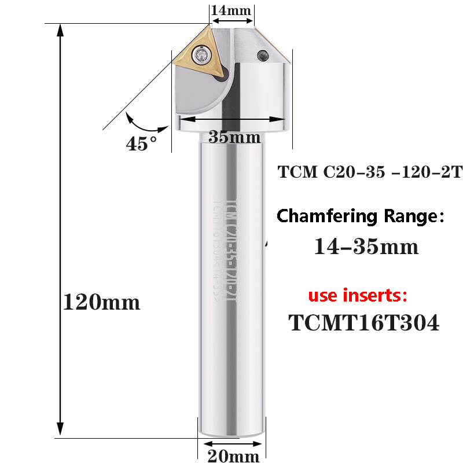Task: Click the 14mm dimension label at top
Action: (231, 10)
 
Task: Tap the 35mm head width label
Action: (234, 138)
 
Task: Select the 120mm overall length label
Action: (101, 302)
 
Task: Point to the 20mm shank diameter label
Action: (233, 457)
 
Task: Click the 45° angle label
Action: (142, 144)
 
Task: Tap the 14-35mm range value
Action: (366, 247)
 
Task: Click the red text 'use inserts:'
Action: (358, 296)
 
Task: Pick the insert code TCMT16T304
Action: (364, 323)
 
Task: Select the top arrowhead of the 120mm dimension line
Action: (60, 29)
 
